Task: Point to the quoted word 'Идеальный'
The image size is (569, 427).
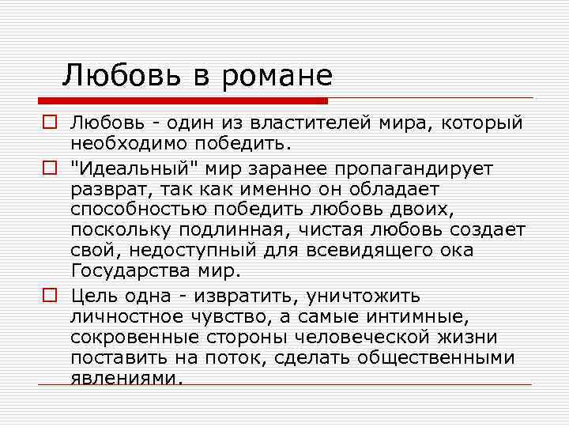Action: coord(138,169)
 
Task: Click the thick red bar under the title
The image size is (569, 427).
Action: coord(183,101)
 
